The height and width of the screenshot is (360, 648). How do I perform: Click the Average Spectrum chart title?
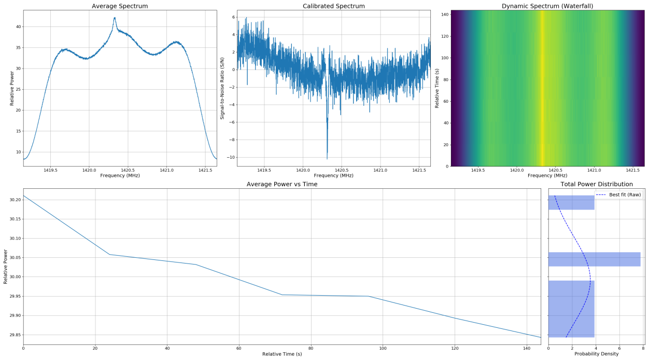click(120, 6)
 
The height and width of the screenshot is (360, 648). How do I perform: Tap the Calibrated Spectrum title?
click(333, 6)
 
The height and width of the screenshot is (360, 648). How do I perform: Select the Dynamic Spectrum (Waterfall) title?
click(547, 6)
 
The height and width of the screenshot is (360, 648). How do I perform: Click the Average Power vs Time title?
click(282, 184)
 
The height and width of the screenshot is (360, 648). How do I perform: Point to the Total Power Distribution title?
click(596, 184)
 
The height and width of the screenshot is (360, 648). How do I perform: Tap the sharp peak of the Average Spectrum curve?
click(115, 18)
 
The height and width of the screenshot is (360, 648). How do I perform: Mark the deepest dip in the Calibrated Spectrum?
click(327, 158)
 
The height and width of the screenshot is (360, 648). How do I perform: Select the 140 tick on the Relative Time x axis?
click(526, 349)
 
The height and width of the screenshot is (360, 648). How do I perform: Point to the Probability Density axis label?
click(596, 354)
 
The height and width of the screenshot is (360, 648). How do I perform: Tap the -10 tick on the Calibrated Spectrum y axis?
click(229, 157)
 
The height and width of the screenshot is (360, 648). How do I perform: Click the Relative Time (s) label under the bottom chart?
click(282, 354)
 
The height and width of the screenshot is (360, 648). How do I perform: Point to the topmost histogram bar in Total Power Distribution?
click(571, 202)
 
